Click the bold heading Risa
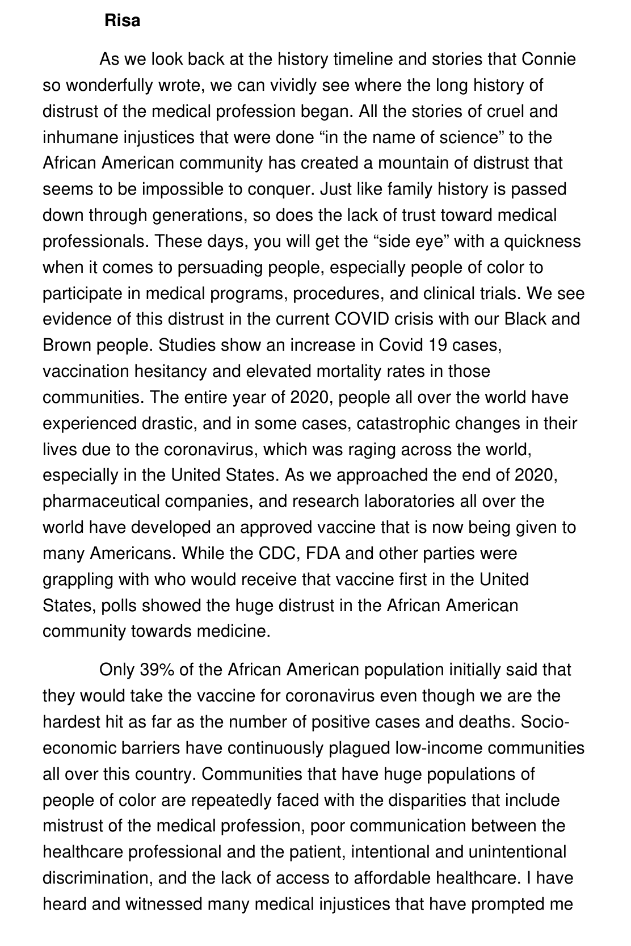tap(122, 21)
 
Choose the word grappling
tap(77, 579)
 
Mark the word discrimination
tap(96, 878)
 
